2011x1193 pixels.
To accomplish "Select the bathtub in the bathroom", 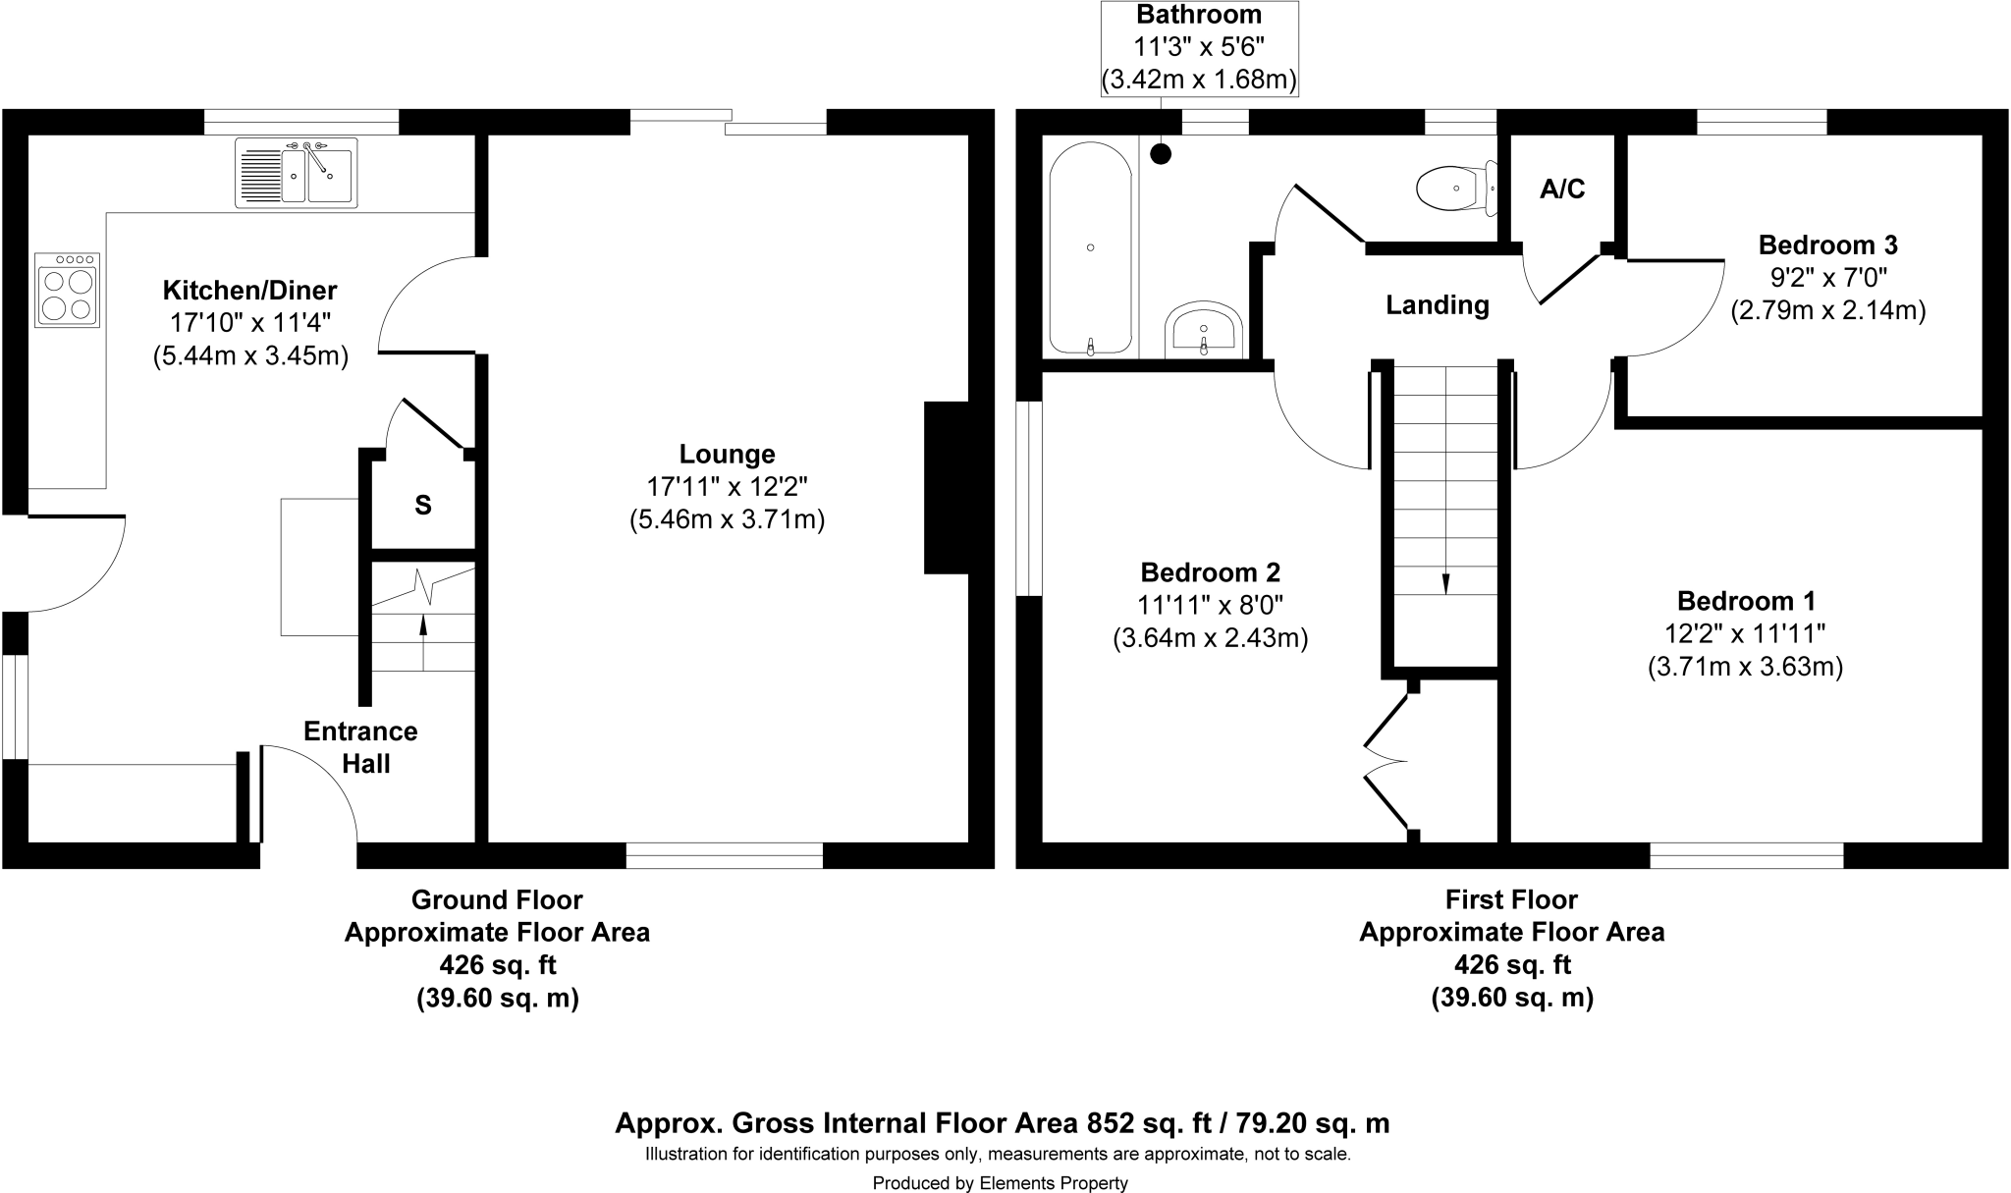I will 1090,249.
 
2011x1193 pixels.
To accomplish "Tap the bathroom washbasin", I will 1204,330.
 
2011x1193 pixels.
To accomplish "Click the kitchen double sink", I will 297,173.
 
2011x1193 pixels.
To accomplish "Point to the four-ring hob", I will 68,290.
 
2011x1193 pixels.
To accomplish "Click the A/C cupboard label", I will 1561,190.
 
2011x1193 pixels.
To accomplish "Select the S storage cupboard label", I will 422,506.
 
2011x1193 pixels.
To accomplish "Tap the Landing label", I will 1437,305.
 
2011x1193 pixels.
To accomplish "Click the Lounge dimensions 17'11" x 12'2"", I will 727,486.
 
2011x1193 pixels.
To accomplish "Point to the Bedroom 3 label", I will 1827,244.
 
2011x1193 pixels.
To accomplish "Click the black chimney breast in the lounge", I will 946,487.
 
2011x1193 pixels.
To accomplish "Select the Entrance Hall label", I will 360,747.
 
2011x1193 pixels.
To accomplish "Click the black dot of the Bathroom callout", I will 1161,153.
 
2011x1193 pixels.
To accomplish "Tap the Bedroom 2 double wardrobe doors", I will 1386,761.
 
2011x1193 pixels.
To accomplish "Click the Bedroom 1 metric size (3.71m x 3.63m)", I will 1745,667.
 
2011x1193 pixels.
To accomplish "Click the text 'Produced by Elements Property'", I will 1000,1183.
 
